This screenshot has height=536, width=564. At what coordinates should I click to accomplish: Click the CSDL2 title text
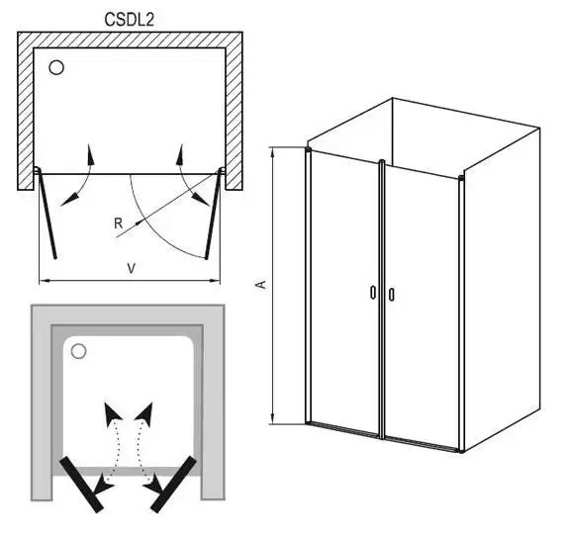click(130, 20)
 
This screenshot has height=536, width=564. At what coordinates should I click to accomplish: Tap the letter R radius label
click(118, 223)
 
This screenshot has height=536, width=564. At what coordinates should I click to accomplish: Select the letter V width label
click(132, 268)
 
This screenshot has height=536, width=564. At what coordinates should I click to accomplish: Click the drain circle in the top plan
click(56, 67)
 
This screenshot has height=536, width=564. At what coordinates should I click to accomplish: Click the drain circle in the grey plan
click(78, 351)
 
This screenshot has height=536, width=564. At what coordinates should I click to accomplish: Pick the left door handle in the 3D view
click(373, 293)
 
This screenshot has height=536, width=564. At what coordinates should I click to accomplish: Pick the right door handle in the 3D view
click(392, 294)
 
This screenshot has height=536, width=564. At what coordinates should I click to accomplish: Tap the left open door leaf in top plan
click(47, 215)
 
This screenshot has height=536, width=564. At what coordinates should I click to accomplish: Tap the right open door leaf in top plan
click(213, 215)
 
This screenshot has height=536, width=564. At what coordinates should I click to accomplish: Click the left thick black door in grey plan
click(82, 485)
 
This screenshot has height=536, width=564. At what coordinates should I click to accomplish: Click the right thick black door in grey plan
click(173, 485)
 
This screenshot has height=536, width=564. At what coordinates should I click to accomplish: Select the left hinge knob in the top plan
click(37, 170)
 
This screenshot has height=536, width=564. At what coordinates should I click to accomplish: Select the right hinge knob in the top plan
click(222, 171)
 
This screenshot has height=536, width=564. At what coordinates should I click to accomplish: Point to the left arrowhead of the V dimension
click(44, 281)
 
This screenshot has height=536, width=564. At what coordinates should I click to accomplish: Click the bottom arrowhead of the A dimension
click(274, 417)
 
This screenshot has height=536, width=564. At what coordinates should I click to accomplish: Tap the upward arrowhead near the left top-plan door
click(91, 154)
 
